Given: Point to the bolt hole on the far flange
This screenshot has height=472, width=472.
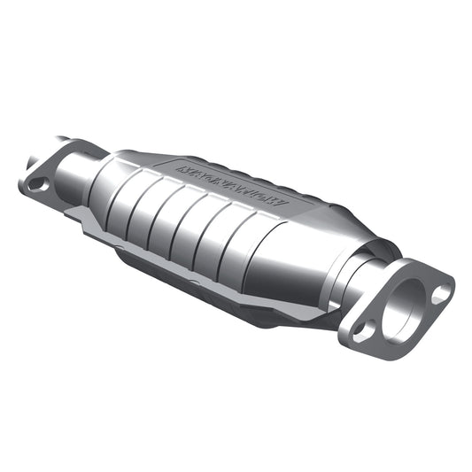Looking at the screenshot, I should click(37, 184).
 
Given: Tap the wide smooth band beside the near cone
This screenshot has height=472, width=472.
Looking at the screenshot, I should click(279, 257).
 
